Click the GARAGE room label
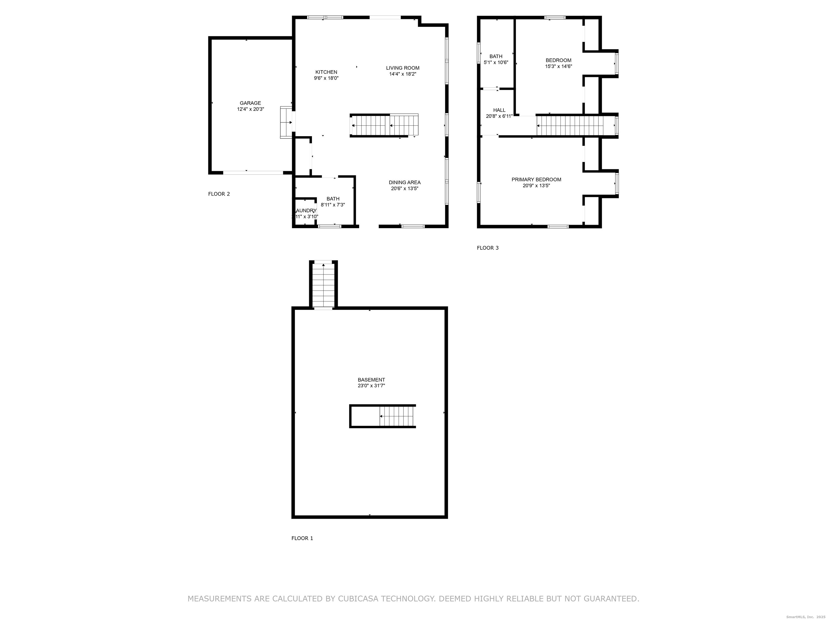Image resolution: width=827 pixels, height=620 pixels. tap(250, 103)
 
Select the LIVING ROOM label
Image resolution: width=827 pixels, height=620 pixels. tap(403, 68)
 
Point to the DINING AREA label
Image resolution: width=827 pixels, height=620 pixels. tap(405, 182)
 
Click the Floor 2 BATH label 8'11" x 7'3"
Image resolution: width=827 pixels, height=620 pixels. tap(333, 202)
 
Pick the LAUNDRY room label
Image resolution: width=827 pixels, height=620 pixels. tap(306, 211)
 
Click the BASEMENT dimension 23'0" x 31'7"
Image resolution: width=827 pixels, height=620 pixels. tap(371, 386)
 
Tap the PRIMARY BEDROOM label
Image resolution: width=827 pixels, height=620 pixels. tap(536, 179)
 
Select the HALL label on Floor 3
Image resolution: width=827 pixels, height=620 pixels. tap(499, 110)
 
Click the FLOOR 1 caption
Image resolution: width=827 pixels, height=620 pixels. tap(302, 538)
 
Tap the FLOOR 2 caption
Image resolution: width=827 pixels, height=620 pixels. tap(219, 194)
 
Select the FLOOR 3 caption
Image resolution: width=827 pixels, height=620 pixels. tap(488, 248)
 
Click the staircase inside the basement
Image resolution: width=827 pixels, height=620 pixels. tap(397, 416)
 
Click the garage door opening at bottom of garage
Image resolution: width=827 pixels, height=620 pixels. tap(253, 173)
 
